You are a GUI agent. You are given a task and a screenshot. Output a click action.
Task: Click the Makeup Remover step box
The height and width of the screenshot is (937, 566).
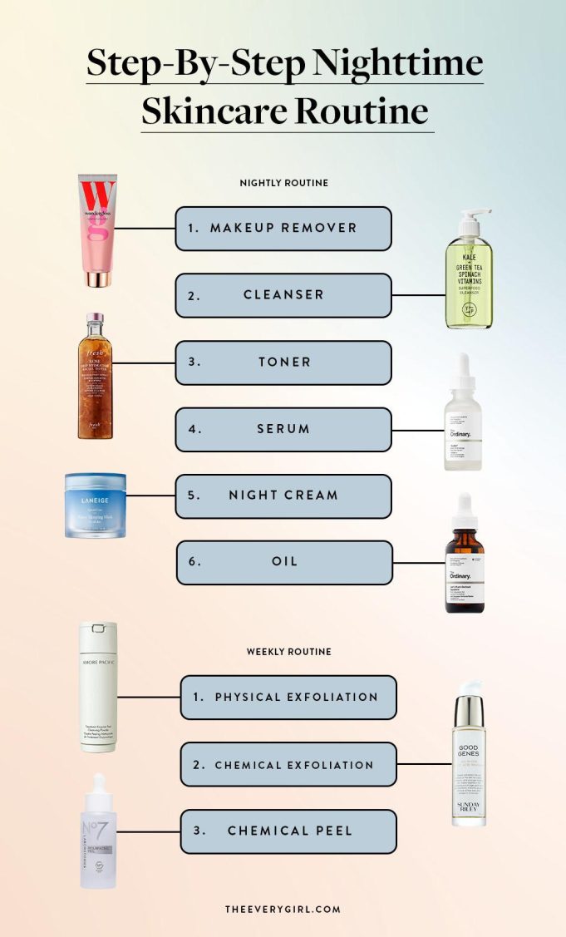[283, 229]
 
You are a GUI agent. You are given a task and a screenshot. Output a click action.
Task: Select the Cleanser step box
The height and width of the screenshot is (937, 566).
[283, 295]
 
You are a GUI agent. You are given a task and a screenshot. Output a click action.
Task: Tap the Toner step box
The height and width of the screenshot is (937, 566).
[283, 362]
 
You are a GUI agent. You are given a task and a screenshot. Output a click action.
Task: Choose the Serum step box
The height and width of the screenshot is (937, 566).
[283, 429]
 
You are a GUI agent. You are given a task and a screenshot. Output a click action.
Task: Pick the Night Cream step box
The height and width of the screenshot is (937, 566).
[283, 496]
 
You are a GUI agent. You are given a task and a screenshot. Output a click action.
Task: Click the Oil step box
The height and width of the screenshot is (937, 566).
[283, 562]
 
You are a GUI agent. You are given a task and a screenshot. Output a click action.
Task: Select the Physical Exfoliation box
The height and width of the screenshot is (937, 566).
[288, 697]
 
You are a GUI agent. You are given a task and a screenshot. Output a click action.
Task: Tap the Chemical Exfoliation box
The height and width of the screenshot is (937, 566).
[288, 765]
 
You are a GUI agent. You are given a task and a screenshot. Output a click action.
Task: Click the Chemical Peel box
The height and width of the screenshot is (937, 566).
[288, 831]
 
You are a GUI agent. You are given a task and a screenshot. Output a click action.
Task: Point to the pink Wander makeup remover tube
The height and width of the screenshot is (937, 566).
[97, 230]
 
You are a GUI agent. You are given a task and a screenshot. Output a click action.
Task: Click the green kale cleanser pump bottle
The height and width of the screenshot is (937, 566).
[469, 274]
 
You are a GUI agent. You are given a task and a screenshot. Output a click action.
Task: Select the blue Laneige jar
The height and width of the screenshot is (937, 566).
[96, 505]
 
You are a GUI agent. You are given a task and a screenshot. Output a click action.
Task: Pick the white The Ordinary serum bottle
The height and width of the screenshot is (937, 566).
[463, 416]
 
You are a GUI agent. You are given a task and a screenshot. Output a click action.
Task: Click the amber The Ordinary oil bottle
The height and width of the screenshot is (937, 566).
[465, 557]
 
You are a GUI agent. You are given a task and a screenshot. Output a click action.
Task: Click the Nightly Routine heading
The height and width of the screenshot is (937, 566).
[283, 183]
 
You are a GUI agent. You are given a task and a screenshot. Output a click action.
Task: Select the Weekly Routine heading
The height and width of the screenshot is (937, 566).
[288, 652]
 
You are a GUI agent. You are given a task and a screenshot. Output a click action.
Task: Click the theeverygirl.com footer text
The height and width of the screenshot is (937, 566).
[283, 909]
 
